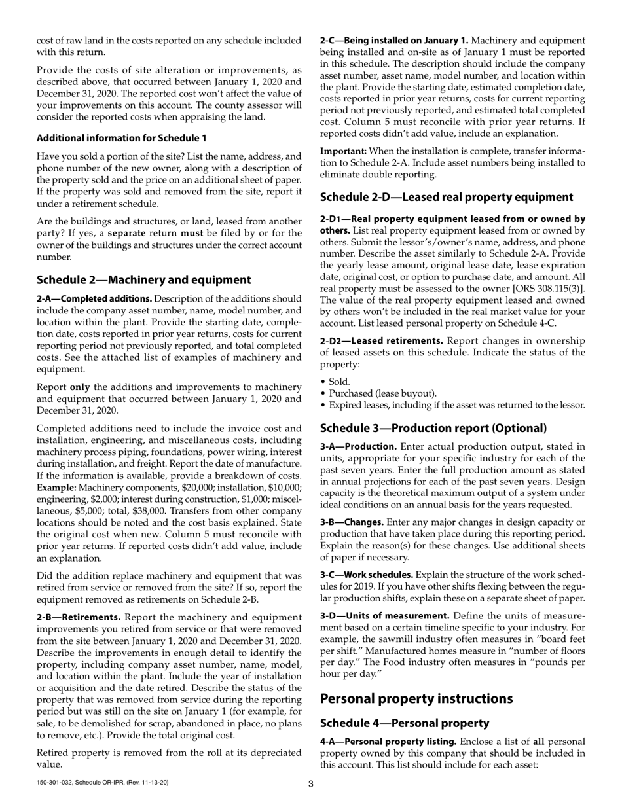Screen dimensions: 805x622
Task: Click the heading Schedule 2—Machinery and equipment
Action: [143, 280]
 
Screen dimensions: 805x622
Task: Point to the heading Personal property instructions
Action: [416, 698]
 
